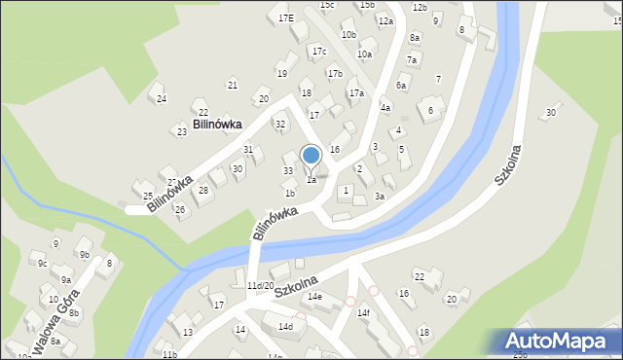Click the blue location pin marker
point(311,156)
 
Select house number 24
point(162,99)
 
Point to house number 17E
point(285,18)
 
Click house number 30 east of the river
point(551,113)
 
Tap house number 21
point(232,86)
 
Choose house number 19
point(281,73)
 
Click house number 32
point(280,124)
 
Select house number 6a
point(400,86)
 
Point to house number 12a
point(385,20)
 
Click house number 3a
point(380,196)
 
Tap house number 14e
point(314,297)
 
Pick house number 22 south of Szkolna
point(420,277)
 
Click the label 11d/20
point(260,285)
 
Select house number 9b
point(85,255)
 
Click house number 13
point(187,332)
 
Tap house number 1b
point(289,194)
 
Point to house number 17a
point(356,93)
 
